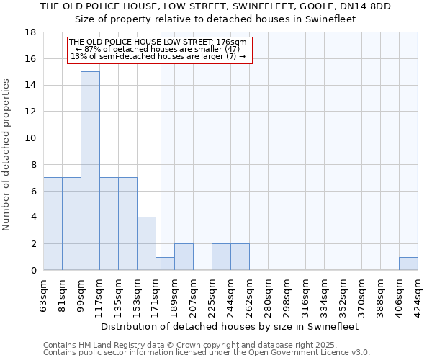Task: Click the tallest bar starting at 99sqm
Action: point(90,171)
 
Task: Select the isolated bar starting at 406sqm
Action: point(408,264)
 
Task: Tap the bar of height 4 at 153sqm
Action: point(146,243)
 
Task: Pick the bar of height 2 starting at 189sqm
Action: point(184,257)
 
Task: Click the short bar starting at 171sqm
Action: point(165,264)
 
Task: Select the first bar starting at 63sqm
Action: point(53,223)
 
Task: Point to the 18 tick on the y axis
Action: point(31,32)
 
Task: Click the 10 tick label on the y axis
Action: point(31,138)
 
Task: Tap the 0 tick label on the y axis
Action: point(34,271)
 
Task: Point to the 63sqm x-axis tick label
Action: point(44,294)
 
